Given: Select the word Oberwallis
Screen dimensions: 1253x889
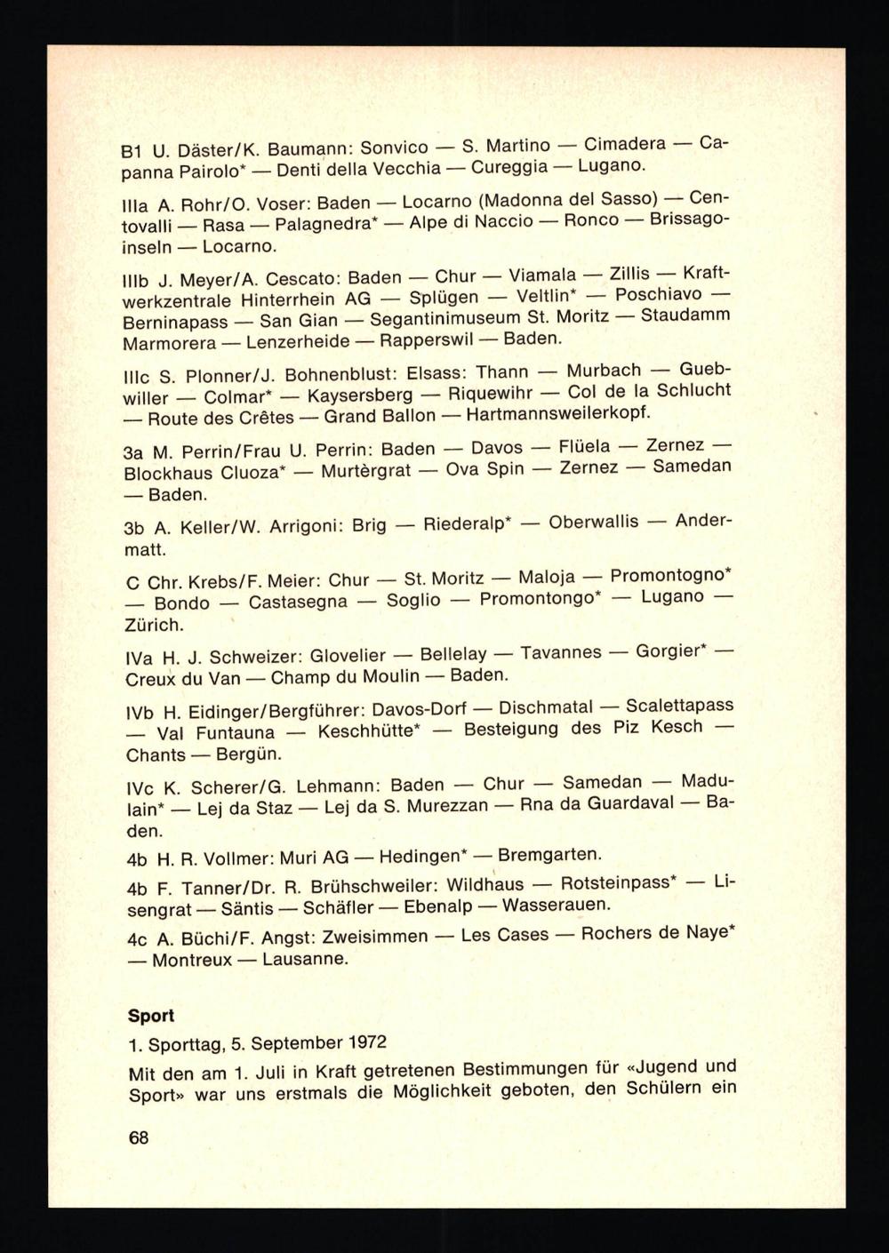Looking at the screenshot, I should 594,522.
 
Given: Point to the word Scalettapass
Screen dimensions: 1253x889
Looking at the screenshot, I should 680,706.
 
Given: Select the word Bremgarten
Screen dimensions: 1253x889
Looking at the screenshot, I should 549,856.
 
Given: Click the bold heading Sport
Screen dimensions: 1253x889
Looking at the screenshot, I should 151,1016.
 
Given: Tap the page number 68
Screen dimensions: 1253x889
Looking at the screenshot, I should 139,1137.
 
